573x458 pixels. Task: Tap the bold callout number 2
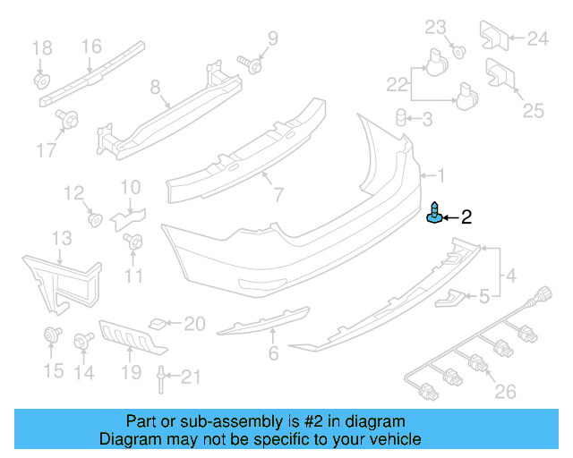tap(466, 216)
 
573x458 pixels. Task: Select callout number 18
tap(42, 47)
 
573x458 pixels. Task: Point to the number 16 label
tap(92, 46)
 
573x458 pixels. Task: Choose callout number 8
tap(155, 87)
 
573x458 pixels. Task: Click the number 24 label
tap(536, 38)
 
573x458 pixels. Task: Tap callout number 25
tap(534, 110)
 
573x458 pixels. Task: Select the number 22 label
tap(397, 84)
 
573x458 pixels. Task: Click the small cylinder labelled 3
tap(402, 117)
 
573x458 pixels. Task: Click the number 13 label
tap(61, 237)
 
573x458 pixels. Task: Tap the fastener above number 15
tap(52, 337)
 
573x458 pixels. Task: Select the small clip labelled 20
tap(158, 322)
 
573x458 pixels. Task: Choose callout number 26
tap(506, 391)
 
